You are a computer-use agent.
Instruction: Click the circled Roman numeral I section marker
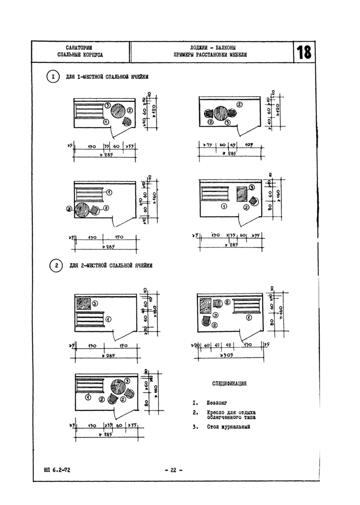[x=53, y=77]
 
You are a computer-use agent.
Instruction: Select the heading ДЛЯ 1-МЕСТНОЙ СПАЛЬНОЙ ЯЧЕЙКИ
[x=107, y=77]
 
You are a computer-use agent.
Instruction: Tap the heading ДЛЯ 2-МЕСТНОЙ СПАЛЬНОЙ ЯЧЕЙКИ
[x=111, y=266]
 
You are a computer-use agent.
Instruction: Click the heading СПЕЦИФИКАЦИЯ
[x=230, y=384]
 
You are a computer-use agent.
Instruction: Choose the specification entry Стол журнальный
[x=228, y=426]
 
